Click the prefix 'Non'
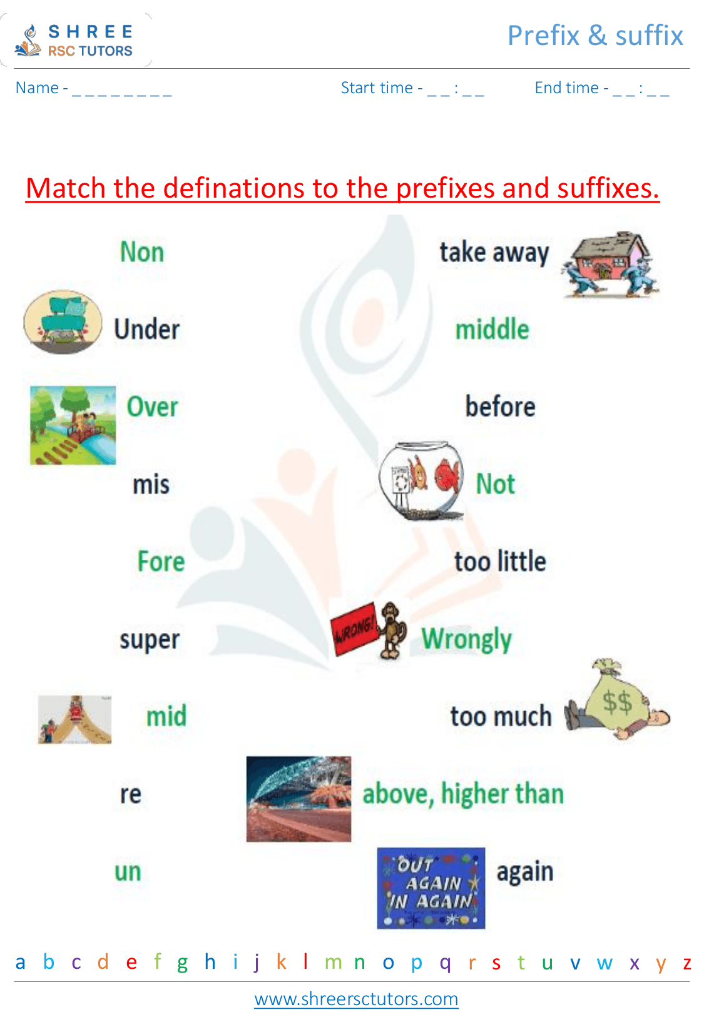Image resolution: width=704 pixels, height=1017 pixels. point(142,252)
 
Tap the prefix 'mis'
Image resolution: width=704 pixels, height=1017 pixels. point(151,484)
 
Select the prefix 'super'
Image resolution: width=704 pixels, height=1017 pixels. point(150,639)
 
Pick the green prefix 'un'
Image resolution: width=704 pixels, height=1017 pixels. point(128,871)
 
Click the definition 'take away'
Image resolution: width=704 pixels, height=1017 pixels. point(494,253)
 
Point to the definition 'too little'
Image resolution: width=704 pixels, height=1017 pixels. point(500,561)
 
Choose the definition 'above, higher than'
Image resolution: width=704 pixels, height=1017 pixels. point(463,794)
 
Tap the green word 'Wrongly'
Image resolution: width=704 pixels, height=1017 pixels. point(466,639)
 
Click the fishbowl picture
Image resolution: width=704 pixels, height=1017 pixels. point(421,480)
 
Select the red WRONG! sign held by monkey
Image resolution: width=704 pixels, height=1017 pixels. point(354,629)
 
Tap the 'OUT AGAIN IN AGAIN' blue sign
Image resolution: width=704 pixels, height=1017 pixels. point(431,888)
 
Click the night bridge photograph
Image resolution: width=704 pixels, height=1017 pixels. point(298,799)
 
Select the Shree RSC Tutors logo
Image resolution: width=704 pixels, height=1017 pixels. point(76,41)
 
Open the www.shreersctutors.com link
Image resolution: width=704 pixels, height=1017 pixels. point(356,999)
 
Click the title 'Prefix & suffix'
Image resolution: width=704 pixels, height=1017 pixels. point(594,36)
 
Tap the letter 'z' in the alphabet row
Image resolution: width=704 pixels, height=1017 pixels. point(686,963)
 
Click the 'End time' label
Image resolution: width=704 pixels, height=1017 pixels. point(567,88)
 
